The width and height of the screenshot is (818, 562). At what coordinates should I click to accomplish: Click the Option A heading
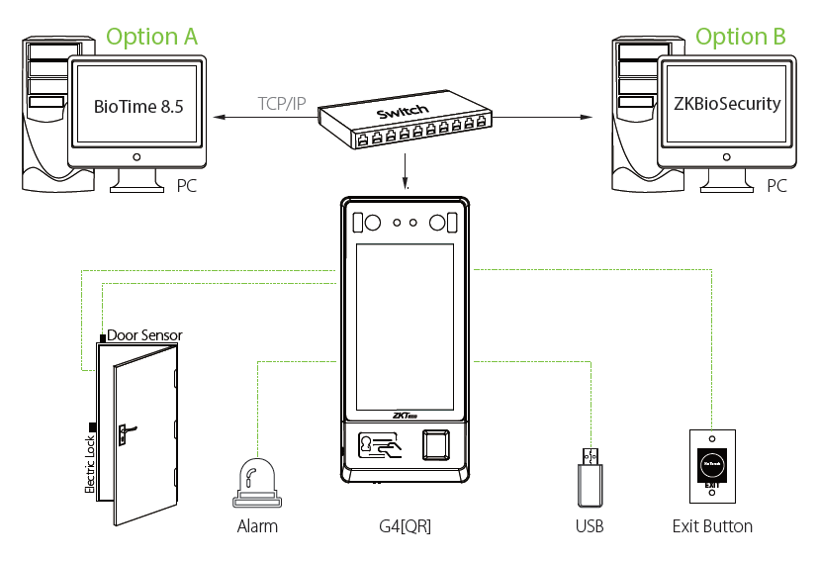pos(151,38)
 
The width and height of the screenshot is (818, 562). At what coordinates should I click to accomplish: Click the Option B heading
pos(741,38)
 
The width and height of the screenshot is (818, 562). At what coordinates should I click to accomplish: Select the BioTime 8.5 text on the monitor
pos(138,106)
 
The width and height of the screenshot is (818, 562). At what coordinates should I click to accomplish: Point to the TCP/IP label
pos(282,103)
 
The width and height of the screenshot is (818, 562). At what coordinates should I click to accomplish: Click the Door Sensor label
pos(144,335)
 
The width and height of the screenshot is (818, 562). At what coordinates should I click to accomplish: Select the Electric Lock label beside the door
pos(89,465)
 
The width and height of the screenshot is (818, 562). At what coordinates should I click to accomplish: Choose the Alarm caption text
pos(257,526)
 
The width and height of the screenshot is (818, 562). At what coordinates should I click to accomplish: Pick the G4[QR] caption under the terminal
pos(404,526)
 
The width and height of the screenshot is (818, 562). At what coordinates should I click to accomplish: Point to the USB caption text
pos(590,526)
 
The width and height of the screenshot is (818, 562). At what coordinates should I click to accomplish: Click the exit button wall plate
pos(712,465)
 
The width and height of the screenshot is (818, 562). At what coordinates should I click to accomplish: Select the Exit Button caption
pos(712,526)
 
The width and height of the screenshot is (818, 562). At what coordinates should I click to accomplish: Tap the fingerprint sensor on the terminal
pos(436,445)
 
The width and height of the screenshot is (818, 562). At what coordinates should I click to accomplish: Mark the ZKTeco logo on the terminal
pos(405,415)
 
